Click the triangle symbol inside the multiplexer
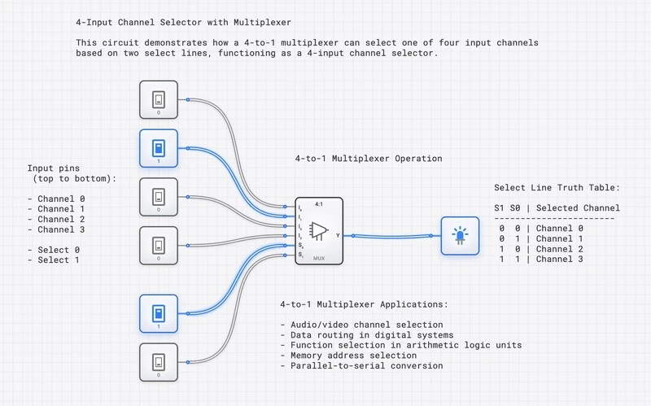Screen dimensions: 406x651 (x=319, y=231)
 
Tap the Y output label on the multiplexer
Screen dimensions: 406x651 (x=338, y=234)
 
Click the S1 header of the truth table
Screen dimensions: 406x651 (x=499, y=207)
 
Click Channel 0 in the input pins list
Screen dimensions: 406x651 (x=60, y=199)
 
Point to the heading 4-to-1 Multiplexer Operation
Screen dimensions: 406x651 (x=368, y=159)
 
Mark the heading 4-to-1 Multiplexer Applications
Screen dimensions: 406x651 (x=363, y=304)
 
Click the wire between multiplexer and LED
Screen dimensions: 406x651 (x=391, y=236)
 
